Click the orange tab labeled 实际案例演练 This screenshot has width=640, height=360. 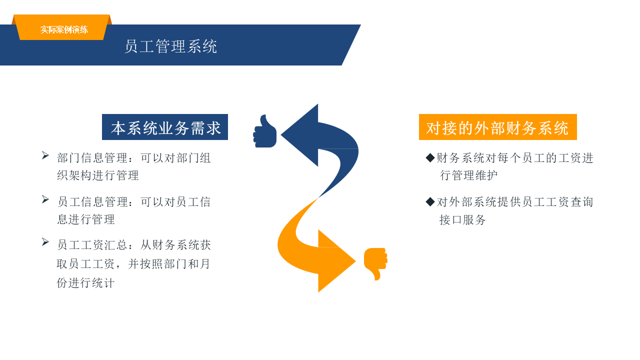coord(63,29)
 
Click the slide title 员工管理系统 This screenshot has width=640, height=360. coord(170,46)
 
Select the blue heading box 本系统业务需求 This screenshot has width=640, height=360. coord(165,127)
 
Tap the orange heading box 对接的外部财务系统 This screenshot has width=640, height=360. coord(497,127)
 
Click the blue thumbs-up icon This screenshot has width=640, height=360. coord(265,132)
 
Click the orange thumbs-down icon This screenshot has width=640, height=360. coord(375,262)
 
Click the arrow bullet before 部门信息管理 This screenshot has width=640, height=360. coord(45,155)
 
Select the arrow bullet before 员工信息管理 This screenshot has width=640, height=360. coord(45,199)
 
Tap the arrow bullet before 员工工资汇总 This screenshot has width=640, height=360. coord(45,242)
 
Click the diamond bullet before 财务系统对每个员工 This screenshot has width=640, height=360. coord(430,158)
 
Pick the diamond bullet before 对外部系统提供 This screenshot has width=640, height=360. coord(430,201)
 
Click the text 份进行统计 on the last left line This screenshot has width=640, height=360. coord(85,282)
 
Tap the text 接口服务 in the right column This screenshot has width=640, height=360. coord(462,219)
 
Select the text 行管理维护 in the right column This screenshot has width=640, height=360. coord(469,175)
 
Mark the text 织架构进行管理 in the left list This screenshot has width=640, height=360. coord(98,175)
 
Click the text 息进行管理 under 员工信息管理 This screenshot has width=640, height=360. coord(86,219)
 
